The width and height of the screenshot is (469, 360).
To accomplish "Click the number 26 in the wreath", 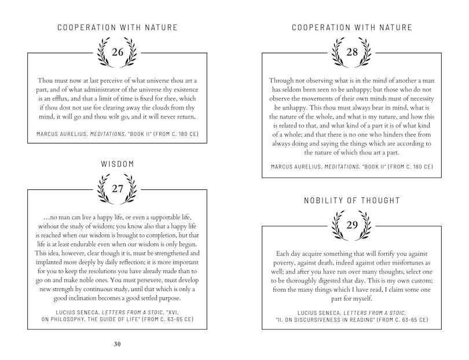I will click(x=118, y=53).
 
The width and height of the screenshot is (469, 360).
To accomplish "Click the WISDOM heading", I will click(x=118, y=164).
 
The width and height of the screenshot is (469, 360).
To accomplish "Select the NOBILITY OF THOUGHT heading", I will click(x=352, y=201).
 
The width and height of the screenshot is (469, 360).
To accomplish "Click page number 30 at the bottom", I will click(x=118, y=344).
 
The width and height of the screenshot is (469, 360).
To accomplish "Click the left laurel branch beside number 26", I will click(x=103, y=52).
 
